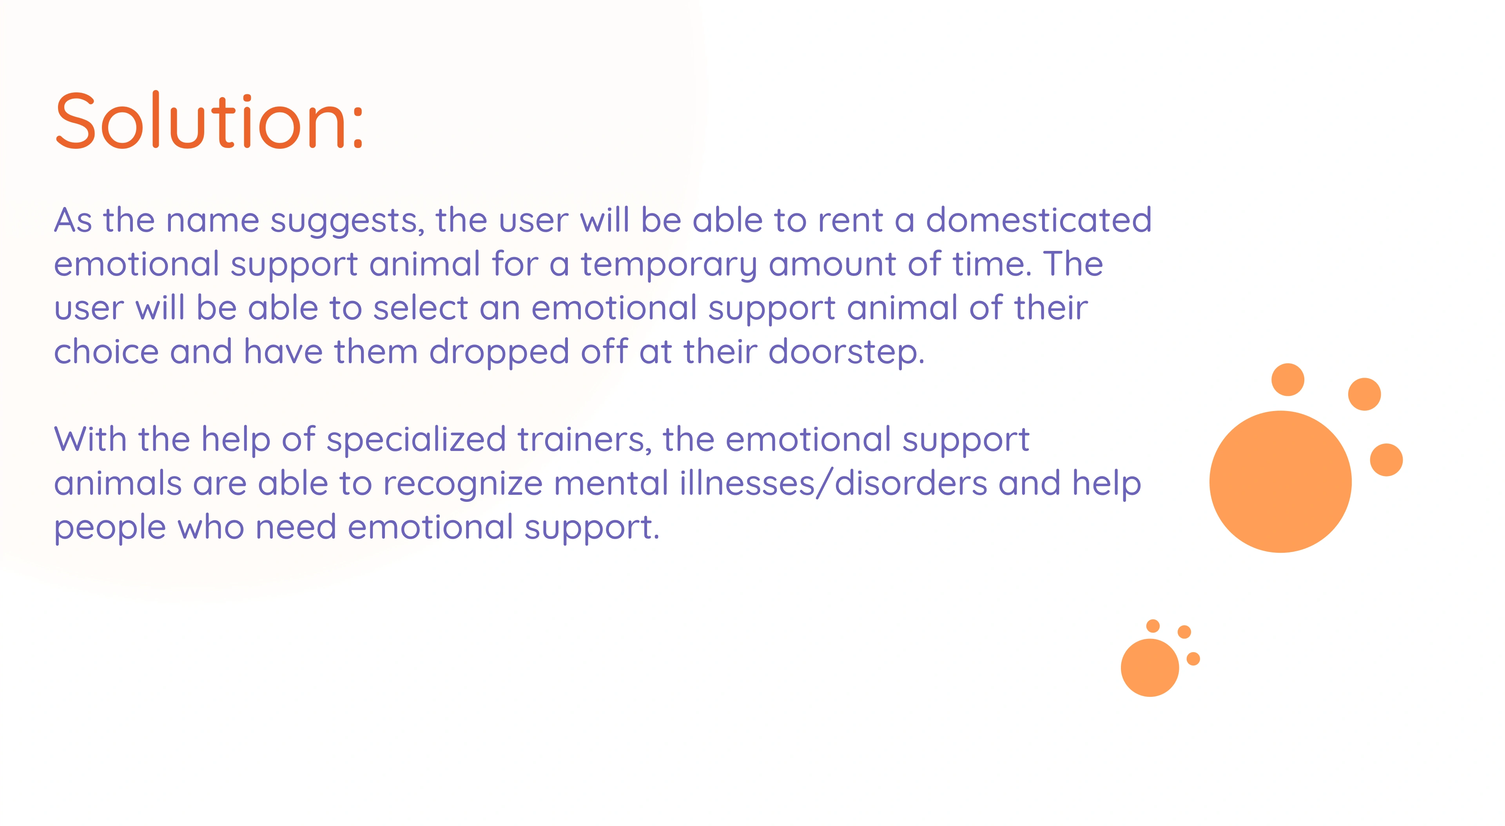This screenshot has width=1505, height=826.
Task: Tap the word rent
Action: pyautogui.click(x=850, y=221)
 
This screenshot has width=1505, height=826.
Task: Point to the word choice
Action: pyautogui.click(x=106, y=352)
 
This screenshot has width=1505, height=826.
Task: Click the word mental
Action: pyautogui.click(x=611, y=483)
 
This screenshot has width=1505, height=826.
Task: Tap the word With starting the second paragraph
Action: pyautogui.click(x=91, y=440)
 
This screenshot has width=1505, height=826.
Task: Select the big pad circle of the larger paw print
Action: pyautogui.click(x=1280, y=482)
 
